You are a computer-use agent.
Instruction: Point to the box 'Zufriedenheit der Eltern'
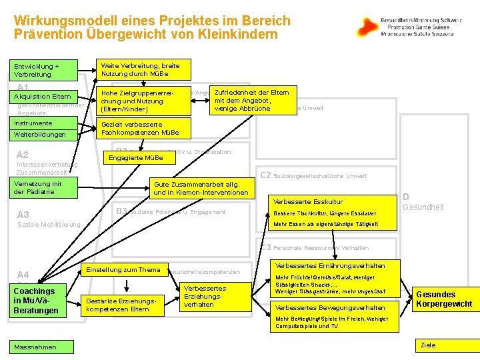coord(251,100)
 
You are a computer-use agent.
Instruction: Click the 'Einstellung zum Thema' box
coord(121,270)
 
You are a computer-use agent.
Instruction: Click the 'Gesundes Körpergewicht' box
coord(445,299)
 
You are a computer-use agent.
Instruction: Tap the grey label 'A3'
coord(23,215)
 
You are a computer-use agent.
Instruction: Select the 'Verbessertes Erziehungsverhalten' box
coord(204,297)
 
